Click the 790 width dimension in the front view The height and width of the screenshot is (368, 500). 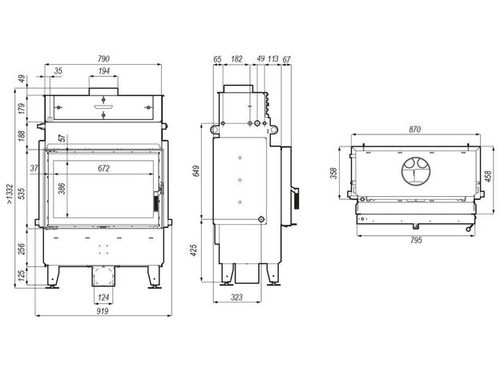[103, 59]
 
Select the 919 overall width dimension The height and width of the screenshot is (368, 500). [103, 311]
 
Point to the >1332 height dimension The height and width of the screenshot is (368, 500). [10, 194]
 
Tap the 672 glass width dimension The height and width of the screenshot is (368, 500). [104, 168]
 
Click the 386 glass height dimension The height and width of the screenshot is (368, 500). [62, 189]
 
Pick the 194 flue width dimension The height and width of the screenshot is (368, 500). [104, 71]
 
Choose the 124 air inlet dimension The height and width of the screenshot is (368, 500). [103, 298]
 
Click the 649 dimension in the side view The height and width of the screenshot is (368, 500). [196, 171]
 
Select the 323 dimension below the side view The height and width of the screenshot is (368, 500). [236, 298]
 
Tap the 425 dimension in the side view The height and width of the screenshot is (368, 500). [194, 250]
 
